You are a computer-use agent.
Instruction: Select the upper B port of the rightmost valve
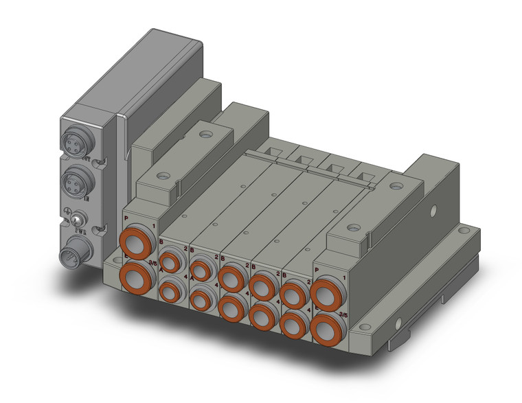click(x=293, y=295)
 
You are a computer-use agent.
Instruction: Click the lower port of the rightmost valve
click(x=293, y=323)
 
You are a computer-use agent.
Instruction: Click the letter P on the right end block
click(x=317, y=269)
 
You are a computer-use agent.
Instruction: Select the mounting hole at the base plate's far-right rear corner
click(x=473, y=235)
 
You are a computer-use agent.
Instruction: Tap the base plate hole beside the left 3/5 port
click(x=111, y=265)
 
